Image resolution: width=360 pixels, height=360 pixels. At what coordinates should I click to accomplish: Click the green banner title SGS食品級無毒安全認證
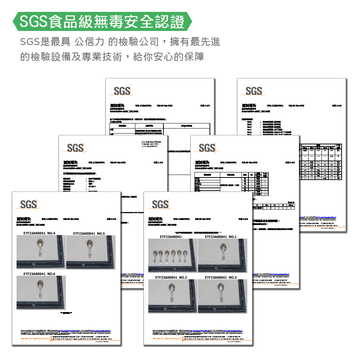[x=102, y=22]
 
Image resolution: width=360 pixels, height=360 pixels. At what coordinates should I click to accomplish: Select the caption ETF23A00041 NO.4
[x=39, y=233]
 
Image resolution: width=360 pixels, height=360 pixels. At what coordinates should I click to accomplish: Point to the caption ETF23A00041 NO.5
[x=89, y=233]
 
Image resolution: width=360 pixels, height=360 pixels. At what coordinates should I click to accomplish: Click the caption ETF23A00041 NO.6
[x=39, y=274]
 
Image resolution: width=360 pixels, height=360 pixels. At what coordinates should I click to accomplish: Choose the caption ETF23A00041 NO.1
[x=221, y=237]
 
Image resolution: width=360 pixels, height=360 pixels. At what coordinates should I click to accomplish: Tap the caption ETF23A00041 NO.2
[x=171, y=278]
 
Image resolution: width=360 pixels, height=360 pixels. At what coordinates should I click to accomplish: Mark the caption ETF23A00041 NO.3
[x=221, y=278]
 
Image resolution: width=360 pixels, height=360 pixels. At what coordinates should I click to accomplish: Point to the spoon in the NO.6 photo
[x=39, y=290]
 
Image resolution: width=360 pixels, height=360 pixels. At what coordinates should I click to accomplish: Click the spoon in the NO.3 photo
[x=221, y=293]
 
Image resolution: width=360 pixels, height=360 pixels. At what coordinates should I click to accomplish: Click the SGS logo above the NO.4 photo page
[x=28, y=204]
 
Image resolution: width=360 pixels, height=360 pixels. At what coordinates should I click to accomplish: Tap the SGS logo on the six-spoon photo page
[x=160, y=204]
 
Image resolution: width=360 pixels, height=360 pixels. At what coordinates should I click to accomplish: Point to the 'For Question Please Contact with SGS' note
[x=152, y=144]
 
